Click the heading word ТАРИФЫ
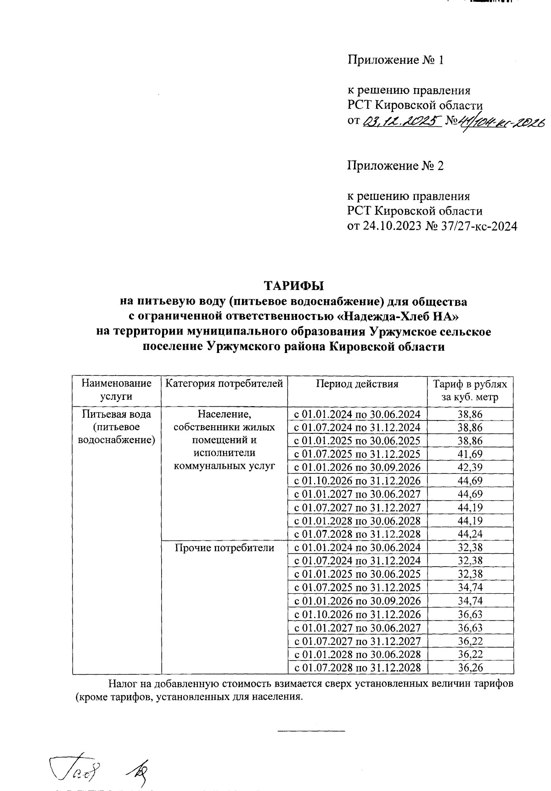[293, 285]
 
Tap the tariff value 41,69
[470, 454]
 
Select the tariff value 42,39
[470, 467]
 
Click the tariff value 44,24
[470, 534]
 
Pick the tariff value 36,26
[470, 667]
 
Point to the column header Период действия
[357, 384]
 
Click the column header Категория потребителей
[224, 384]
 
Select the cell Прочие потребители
[224, 547]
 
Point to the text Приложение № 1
[395, 60]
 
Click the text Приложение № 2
[395, 166]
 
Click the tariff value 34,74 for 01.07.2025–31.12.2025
[470, 587]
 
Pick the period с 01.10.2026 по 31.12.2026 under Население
[357, 481]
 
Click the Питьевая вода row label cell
[117, 427]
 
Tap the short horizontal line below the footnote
[311, 730]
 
